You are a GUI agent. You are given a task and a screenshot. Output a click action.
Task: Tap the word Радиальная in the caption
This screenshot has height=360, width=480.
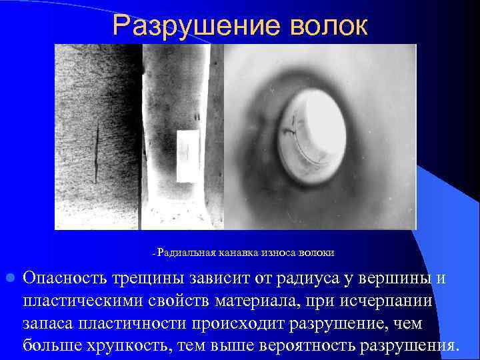182,253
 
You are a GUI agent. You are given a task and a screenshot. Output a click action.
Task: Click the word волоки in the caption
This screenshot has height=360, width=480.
313,253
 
